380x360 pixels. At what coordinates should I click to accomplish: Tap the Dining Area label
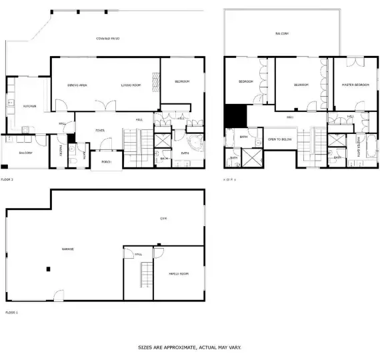point(77,85)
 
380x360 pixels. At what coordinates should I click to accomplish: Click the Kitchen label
point(29,106)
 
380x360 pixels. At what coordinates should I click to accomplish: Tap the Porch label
point(105,162)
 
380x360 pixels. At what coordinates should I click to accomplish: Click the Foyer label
point(99,131)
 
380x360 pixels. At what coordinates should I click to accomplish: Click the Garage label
point(67,249)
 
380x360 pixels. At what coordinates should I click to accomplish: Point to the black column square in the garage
point(48,269)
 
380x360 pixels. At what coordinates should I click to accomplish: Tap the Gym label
point(163,218)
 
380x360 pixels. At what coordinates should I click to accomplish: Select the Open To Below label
point(279,139)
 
